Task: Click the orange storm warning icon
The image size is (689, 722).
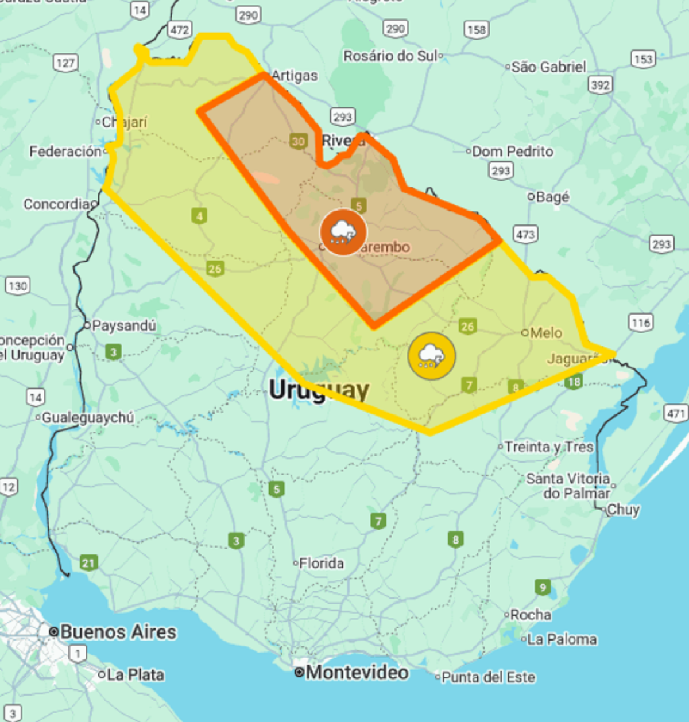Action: tap(343, 232)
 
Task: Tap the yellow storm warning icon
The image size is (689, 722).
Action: tap(431, 356)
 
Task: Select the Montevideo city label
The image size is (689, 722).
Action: tap(357, 672)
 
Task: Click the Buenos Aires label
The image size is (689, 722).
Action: tap(118, 632)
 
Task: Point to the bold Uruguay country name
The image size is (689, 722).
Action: tap(319, 390)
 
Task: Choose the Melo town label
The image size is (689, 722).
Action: tap(545, 333)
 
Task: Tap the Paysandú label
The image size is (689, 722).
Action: tap(123, 325)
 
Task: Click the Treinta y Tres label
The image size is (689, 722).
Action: tap(548, 447)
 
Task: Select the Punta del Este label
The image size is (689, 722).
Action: tap(488, 677)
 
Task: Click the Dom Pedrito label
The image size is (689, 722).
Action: tap(512, 152)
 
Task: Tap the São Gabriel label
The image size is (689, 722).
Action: tap(548, 67)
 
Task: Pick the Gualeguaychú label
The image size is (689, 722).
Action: tap(88, 417)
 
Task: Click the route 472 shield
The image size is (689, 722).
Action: tap(179, 30)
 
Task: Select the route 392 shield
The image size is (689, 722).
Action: tap(600, 86)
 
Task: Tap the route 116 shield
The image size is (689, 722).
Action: tap(641, 323)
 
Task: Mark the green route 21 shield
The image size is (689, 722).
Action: tap(88, 562)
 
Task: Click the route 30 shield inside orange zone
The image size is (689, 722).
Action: tap(298, 141)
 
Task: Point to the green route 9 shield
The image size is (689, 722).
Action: tap(543, 587)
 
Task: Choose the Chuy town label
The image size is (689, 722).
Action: tap(623, 509)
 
